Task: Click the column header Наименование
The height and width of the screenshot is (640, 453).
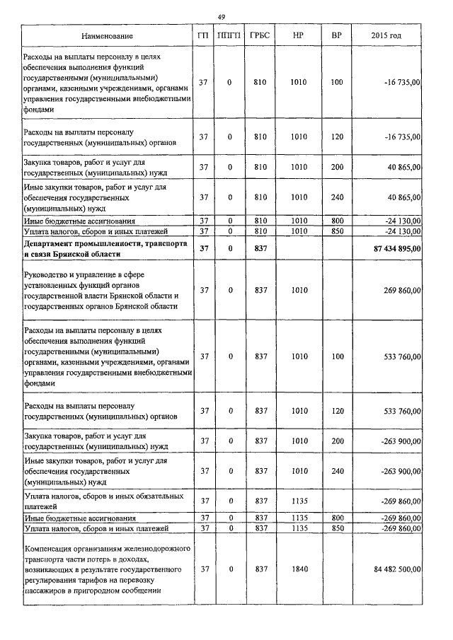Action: click(x=106, y=35)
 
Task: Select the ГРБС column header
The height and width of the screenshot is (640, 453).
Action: click(x=259, y=35)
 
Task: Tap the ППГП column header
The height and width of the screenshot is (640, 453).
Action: click(x=229, y=35)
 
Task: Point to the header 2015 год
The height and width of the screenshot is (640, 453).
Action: click(x=386, y=35)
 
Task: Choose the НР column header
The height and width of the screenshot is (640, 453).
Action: click(x=298, y=35)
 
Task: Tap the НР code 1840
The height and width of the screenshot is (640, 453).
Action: click(x=298, y=569)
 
